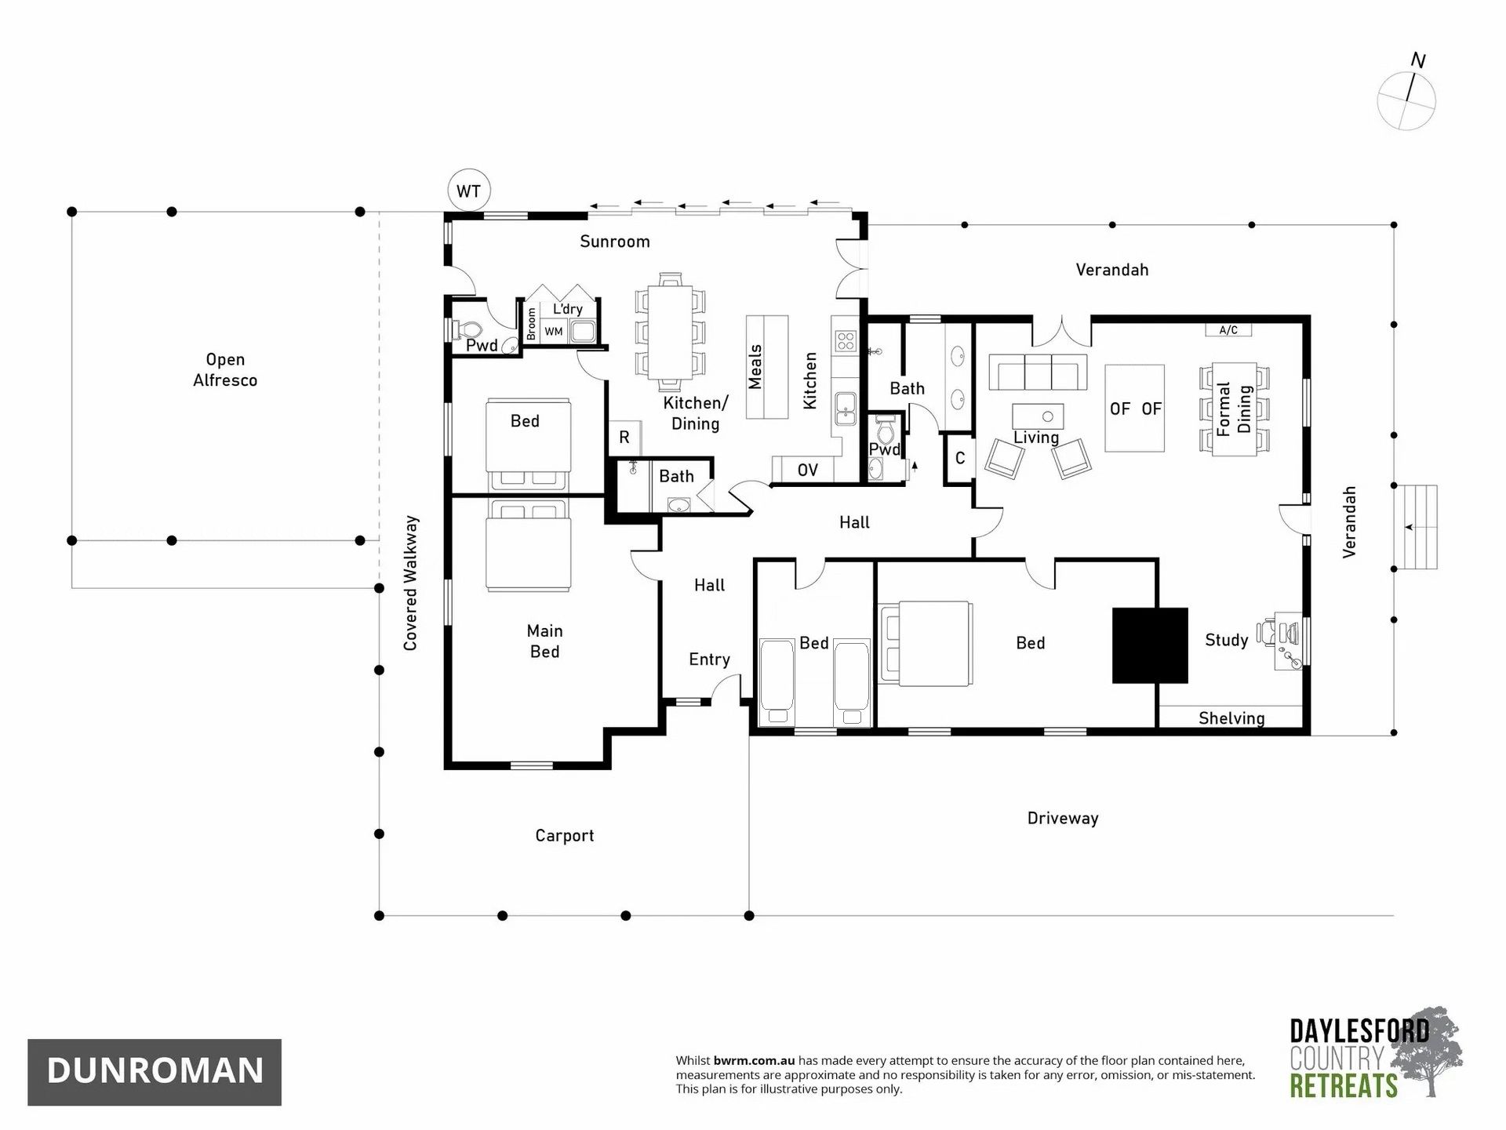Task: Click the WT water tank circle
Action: [468, 191]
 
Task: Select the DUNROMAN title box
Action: [155, 1071]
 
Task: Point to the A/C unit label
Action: [1228, 330]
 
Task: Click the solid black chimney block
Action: [1150, 645]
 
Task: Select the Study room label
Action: [1226, 640]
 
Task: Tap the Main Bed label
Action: [544, 641]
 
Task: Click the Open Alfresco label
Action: [225, 369]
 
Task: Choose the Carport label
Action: [565, 836]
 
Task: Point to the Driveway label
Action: [1063, 818]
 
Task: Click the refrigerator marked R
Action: [624, 438]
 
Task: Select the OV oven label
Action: [807, 470]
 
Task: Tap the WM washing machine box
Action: [554, 332]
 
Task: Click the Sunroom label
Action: [615, 242]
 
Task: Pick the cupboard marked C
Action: [959, 458]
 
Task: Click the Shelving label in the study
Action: [1231, 718]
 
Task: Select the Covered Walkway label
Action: [410, 583]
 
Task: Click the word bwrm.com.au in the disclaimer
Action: [754, 1060]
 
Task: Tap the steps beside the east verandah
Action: [1416, 527]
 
